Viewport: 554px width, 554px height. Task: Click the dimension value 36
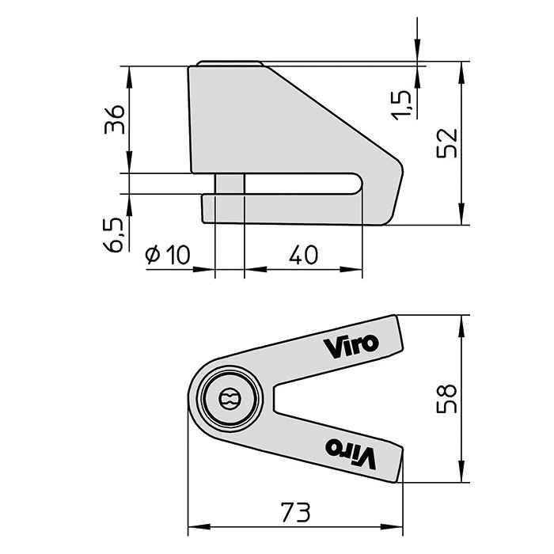click(115, 120)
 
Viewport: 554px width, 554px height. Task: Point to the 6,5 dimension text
click(115, 235)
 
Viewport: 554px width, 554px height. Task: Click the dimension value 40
click(304, 254)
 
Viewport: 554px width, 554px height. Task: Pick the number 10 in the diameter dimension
click(178, 254)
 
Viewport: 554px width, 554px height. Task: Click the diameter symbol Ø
click(154, 255)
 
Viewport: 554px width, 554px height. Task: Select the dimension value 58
click(449, 399)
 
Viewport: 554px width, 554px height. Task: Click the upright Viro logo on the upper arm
click(351, 345)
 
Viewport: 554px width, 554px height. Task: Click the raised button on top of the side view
click(230, 63)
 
